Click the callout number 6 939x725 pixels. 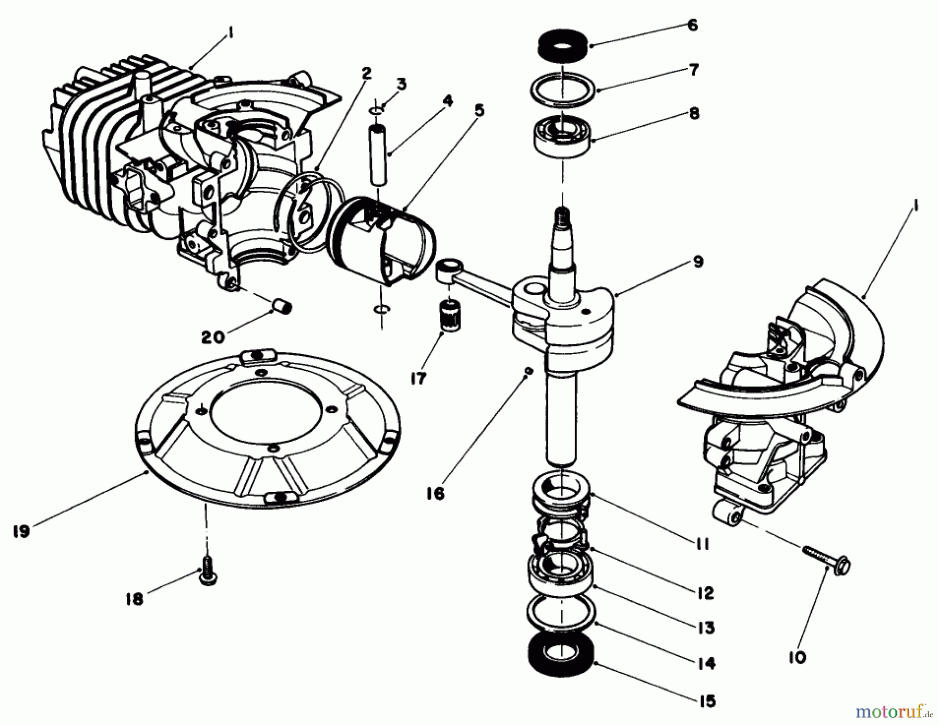[x=692, y=25]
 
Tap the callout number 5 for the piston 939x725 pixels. [x=479, y=110]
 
